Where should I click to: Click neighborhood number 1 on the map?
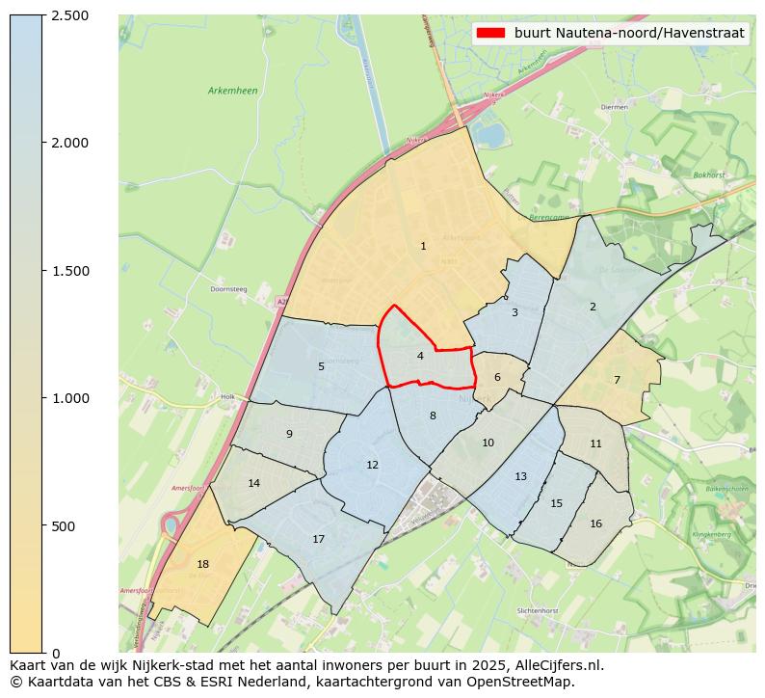tap(423, 247)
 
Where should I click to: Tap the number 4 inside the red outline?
tap(420, 357)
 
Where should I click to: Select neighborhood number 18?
tap(202, 565)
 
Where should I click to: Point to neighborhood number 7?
tap(617, 380)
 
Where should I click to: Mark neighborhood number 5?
tap(321, 367)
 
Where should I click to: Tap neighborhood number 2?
tap(593, 308)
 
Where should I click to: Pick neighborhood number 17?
tap(318, 540)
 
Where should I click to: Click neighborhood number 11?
tap(595, 444)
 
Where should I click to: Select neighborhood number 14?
tap(253, 484)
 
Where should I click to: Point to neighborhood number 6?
tap(497, 378)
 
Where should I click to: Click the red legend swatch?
tap(489, 33)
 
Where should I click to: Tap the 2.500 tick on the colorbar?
tap(69, 15)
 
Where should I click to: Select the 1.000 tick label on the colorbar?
tap(69, 398)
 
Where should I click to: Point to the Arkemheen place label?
tap(232, 91)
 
